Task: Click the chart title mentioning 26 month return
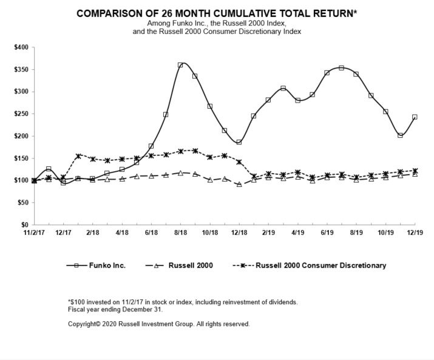(x=217, y=13)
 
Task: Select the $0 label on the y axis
(x=25, y=225)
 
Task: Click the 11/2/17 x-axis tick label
(x=34, y=233)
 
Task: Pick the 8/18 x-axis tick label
(x=180, y=233)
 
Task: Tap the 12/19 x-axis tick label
(x=415, y=233)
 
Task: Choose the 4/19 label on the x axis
(x=297, y=233)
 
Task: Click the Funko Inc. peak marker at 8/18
(x=180, y=65)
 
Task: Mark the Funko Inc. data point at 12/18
(x=239, y=142)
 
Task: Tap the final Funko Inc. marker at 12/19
(x=415, y=117)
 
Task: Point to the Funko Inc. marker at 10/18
(x=210, y=106)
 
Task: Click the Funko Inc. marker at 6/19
(x=327, y=73)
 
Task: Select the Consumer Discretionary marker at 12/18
(x=239, y=162)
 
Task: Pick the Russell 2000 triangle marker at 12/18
(x=239, y=185)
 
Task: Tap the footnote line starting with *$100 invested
(x=183, y=302)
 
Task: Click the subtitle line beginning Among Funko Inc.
(x=217, y=23)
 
